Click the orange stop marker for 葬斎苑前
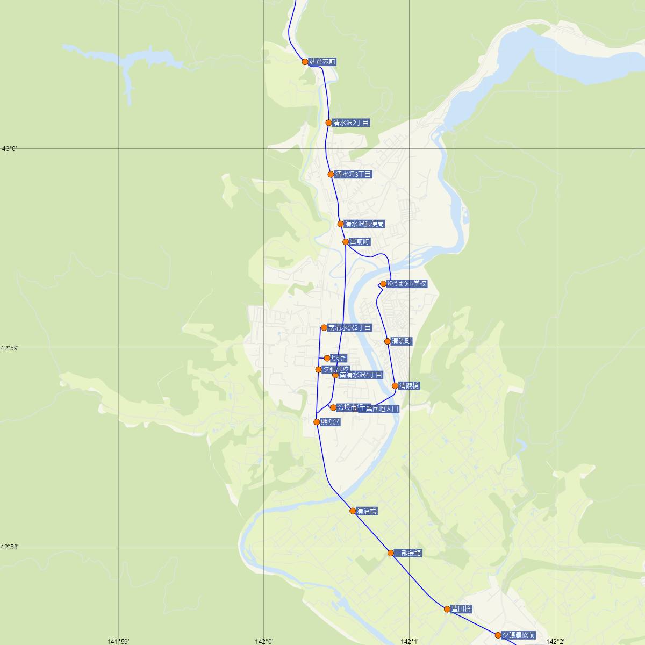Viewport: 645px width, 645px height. point(305,62)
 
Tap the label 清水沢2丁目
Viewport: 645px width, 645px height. point(351,123)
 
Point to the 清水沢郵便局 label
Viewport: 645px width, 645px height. point(364,224)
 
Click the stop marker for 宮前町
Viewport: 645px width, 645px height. point(346,242)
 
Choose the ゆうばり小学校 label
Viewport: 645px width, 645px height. point(407,284)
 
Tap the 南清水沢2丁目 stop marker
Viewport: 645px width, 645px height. point(324,327)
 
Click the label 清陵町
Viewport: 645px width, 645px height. point(402,341)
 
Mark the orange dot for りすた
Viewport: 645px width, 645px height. point(327,358)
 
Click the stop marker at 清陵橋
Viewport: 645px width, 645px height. point(395,385)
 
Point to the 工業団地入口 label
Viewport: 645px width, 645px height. point(379,409)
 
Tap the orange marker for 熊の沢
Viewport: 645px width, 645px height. point(317,422)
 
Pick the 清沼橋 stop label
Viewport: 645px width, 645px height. point(367,511)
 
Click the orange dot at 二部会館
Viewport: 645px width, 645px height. point(391,553)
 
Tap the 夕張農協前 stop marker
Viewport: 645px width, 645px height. point(498,635)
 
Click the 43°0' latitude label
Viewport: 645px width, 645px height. point(10,149)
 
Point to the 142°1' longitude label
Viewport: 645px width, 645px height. point(410,641)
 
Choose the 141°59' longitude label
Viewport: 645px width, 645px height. point(118,641)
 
